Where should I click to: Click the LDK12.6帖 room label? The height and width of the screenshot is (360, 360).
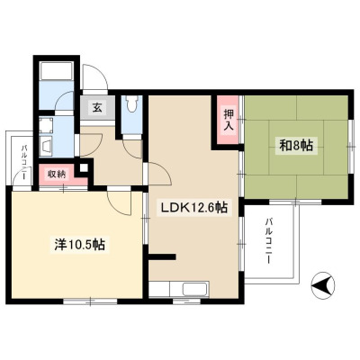[x=194, y=207]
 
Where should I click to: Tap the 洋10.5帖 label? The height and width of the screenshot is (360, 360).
[x=79, y=245]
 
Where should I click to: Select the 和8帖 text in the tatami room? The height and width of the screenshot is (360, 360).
[x=296, y=146]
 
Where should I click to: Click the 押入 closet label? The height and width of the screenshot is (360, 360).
[x=229, y=120]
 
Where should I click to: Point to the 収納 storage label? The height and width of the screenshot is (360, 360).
[x=57, y=175]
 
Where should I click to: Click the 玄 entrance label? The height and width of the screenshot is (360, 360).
[x=96, y=107]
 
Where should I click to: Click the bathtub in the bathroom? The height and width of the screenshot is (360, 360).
[x=56, y=71]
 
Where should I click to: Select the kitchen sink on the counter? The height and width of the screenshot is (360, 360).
[x=195, y=289]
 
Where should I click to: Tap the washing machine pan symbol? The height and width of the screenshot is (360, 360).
[x=46, y=125]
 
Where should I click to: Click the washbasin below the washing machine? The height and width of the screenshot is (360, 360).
[x=46, y=147]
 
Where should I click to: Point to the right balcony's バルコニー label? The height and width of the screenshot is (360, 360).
[x=268, y=241]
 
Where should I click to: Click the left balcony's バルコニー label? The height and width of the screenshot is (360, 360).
[x=24, y=162]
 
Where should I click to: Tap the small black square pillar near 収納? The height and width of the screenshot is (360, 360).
[x=84, y=168]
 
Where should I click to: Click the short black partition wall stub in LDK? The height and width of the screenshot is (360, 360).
[x=162, y=256]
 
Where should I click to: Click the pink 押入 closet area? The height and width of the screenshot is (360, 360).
[x=229, y=120]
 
